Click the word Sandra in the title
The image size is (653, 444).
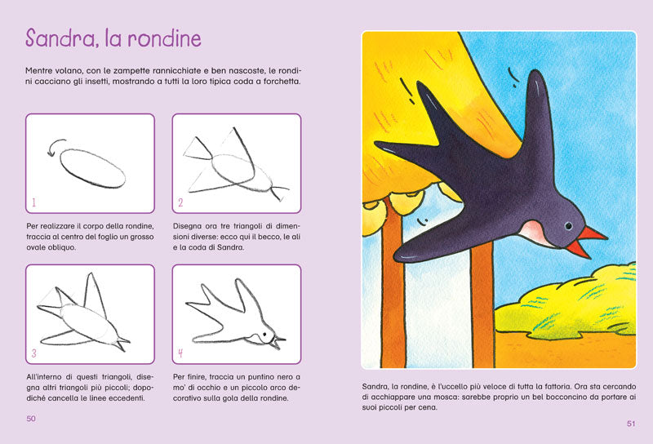(60, 40)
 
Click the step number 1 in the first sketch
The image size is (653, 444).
(33, 202)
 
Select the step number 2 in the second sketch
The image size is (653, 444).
(180, 202)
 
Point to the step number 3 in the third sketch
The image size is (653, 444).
(34, 353)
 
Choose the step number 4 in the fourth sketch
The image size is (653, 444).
(180, 353)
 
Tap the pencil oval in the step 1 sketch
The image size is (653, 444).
(93, 166)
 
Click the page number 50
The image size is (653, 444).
(32, 420)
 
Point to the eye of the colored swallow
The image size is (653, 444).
(566, 226)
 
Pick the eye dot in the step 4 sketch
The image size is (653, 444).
(262, 334)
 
